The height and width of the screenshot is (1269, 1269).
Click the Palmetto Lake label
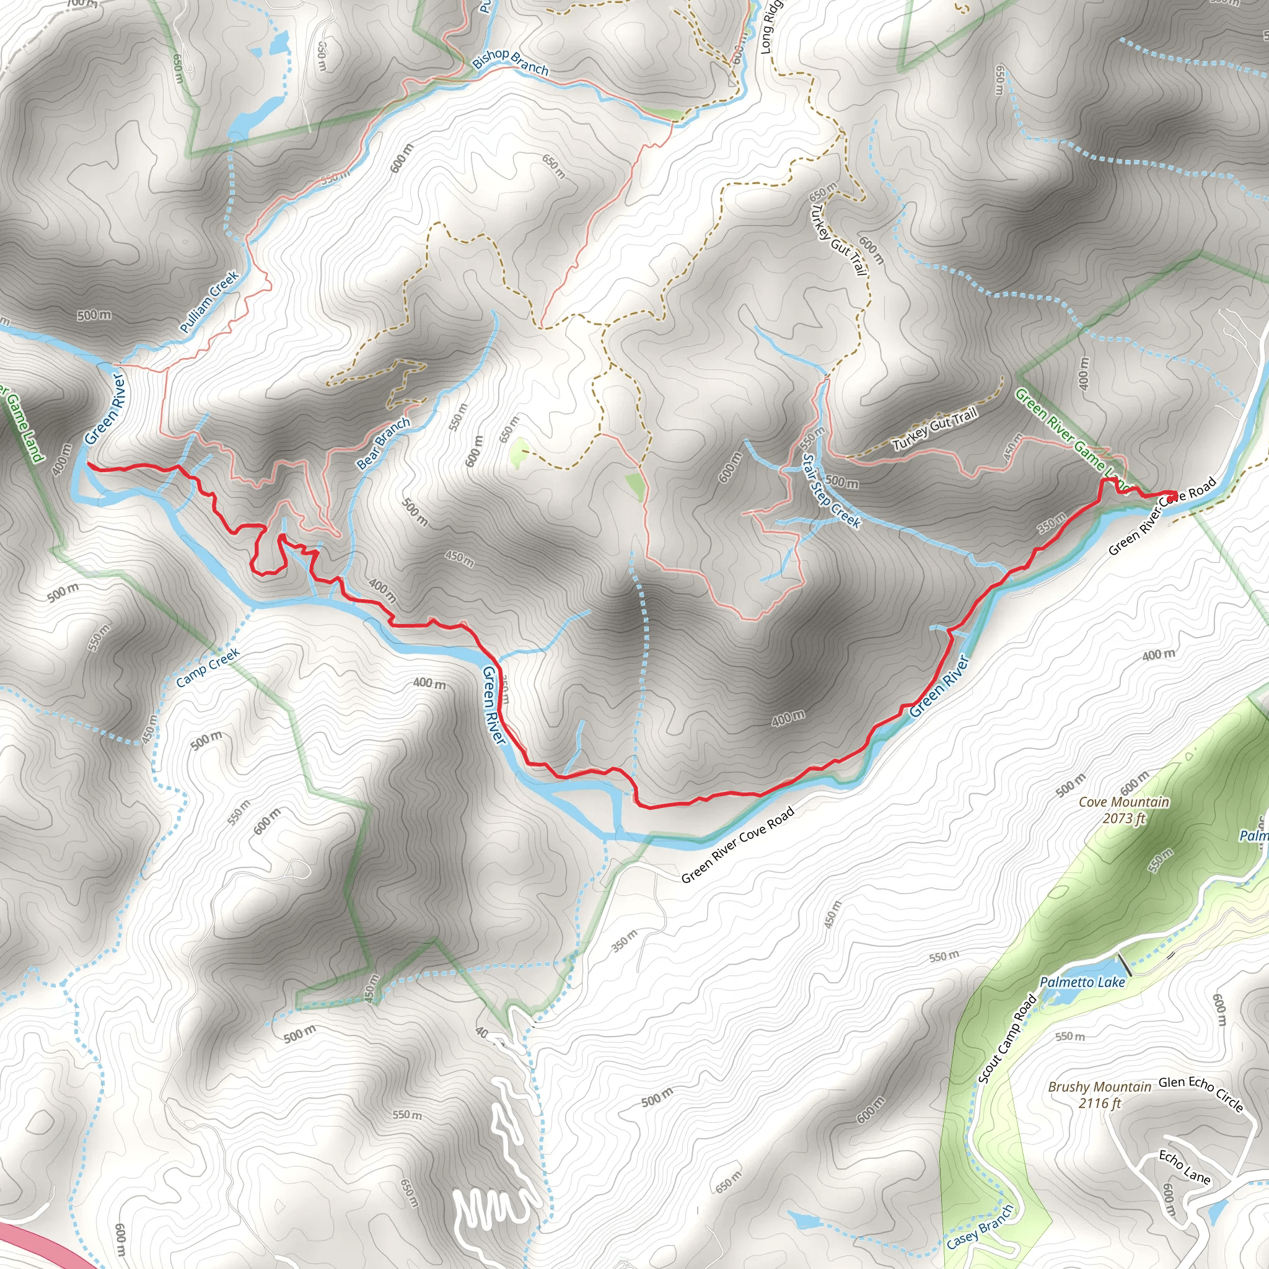pos(1082,982)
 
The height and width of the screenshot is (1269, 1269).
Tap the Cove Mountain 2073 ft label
pos(1124,810)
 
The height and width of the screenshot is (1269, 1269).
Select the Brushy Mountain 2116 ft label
pos(1100,1095)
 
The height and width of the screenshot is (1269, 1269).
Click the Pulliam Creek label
pos(209,302)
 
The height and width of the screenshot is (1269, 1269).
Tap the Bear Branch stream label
pos(383,444)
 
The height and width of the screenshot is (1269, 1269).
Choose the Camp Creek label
pos(208,668)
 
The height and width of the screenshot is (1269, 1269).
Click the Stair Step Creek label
pos(831,491)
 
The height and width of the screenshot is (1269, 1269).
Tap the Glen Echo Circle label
pos(1201,1094)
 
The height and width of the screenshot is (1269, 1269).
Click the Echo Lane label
pos(1184,1167)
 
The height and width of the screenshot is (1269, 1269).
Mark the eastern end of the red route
pos(1175,493)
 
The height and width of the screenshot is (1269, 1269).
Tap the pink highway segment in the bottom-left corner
pos(40,1245)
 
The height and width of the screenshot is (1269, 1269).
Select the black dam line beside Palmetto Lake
pos(1125,964)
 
